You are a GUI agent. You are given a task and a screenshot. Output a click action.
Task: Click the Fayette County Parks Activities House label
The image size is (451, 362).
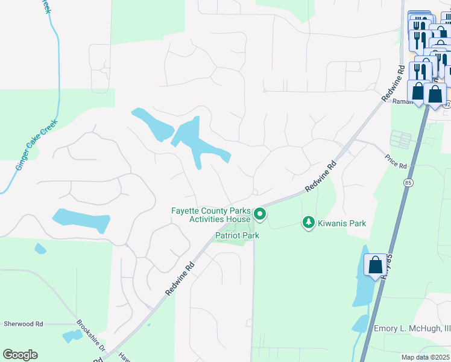pos(210,215)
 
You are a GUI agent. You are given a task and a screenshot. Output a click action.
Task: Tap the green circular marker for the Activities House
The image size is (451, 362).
pos(260,214)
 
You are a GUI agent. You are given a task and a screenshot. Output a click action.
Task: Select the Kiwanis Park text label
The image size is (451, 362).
pos(342,223)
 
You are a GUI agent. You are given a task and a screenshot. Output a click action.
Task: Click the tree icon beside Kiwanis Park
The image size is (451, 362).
pos(309,223)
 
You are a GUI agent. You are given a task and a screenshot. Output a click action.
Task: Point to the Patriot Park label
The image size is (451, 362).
pos(238,235)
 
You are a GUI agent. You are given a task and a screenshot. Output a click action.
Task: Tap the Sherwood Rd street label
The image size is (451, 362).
pos(23,324)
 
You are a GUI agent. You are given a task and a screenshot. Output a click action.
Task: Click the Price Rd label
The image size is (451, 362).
pos(396,161)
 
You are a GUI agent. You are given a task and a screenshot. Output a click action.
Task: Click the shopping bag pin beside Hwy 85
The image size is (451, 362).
pos(375,264)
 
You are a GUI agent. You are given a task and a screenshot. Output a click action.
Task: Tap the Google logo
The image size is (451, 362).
pos(20,355)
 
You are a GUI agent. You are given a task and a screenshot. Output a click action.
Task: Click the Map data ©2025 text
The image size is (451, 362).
pos(425,357)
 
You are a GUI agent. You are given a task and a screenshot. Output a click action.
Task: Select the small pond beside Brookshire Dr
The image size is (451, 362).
pos(72,335)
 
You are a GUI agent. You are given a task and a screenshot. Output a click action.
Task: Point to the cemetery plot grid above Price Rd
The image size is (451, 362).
pos(401,139)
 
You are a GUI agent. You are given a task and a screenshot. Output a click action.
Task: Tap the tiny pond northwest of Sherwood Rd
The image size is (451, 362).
pos(40,249)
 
